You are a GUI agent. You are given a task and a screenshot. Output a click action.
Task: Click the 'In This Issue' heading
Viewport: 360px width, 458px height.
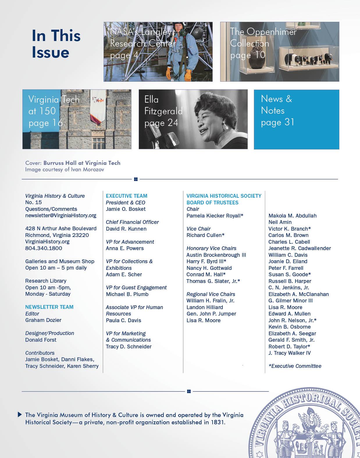tap(56, 44)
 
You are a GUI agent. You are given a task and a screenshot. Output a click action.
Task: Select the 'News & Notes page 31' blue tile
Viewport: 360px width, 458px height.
tap(296, 119)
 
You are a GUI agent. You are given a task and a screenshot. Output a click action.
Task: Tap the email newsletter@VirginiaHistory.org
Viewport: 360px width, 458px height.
tap(60, 215)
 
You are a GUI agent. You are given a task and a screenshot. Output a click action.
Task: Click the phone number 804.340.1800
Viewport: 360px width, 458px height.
tap(44, 248)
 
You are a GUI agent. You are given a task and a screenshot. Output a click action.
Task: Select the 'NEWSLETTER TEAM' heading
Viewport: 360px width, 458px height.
tap(49, 307)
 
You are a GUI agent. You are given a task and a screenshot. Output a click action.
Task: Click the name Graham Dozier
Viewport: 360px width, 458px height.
tap(43, 320)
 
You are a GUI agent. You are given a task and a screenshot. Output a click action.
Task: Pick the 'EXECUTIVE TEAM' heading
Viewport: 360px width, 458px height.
tap(126, 196)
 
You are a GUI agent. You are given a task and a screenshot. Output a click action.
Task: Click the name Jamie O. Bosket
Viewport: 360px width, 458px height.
tap(126, 209)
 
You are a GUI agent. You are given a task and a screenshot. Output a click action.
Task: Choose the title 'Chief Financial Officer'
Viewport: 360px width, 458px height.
tap(132, 222)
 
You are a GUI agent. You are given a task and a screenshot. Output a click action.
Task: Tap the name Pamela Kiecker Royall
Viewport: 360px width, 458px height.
tap(215, 215)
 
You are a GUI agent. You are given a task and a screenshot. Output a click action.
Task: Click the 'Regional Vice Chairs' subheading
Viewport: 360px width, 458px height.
tap(211, 294)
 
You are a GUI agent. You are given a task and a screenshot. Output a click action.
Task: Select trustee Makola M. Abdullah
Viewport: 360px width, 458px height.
tap(292, 215)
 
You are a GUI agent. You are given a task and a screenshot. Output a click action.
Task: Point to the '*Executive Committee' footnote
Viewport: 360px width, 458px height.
tap(295, 366)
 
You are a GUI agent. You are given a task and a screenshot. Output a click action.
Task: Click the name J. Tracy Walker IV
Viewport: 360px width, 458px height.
tap(289, 353)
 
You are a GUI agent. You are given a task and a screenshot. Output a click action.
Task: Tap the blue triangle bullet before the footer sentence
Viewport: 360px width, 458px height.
tap(20, 414)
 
